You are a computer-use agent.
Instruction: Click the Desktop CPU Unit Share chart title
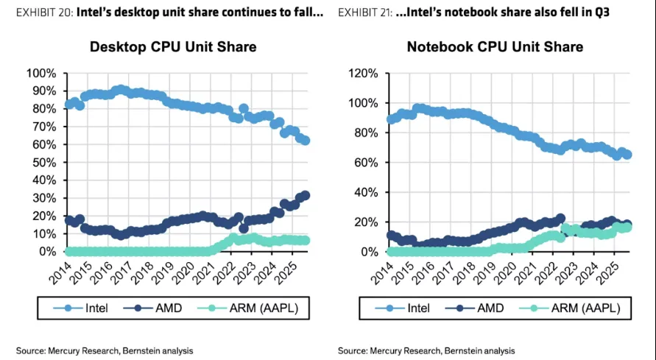point(173,47)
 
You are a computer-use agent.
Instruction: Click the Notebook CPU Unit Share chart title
point(495,47)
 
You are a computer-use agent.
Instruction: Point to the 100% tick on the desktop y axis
point(40,73)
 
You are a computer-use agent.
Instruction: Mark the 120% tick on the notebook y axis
point(363,73)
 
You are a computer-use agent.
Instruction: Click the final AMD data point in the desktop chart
point(306,195)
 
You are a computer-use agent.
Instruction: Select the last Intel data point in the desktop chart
point(306,141)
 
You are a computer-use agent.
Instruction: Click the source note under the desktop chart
point(105,350)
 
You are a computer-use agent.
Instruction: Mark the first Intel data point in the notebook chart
point(390,119)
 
